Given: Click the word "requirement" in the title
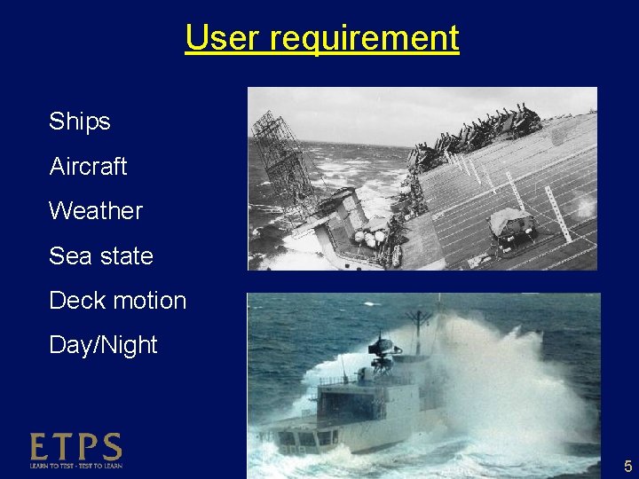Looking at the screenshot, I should [x=364, y=38].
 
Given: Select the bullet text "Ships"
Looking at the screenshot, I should [x=80, y=122].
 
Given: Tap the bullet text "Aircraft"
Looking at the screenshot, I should [x=89, y=166].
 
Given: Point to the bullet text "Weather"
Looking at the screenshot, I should [x=96, y=211].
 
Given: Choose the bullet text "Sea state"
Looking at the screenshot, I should [x=101, y=256].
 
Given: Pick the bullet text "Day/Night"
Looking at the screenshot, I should [x=103, y=345].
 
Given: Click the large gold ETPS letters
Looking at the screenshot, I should [x=76, y=447].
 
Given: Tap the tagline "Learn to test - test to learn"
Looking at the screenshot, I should [x=76, y=466].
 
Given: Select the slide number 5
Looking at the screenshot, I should [x=627, y=467].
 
